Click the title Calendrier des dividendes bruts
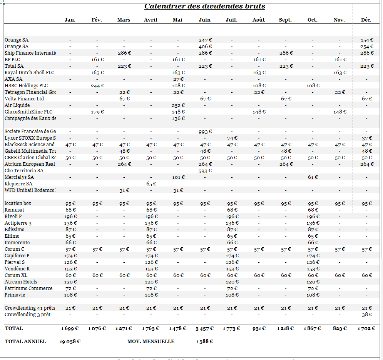[204, 7]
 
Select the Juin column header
[204, 20]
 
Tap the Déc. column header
[366, 20]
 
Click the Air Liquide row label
[17, 105]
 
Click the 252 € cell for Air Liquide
[178, 105]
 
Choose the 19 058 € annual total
[70, 342]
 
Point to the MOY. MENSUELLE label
[151, 342]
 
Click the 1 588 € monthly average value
[204, 342]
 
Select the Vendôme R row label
[17, 269]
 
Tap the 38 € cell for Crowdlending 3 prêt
[367, 315]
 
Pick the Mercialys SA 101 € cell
[178, 177]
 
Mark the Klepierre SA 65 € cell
[151, 184]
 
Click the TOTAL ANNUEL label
[25, 342]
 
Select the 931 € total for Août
[259, 328]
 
